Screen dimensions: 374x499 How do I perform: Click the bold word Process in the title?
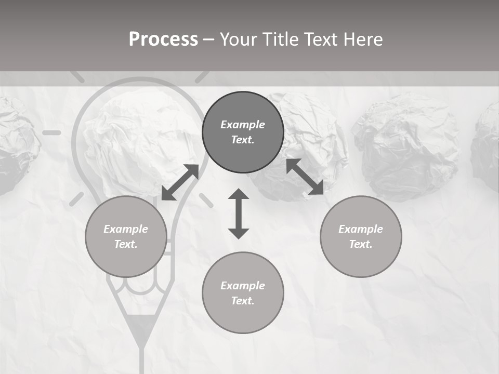coord(163,39)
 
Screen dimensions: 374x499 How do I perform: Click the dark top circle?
coord(243,132)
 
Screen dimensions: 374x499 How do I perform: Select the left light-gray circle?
coord(126,236)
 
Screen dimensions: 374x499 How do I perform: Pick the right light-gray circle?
coord(361,236)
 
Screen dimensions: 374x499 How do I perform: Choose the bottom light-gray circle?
coord(243,293)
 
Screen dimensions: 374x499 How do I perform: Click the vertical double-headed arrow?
coord(239,214)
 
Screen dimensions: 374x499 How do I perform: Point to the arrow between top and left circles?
coord(180,182)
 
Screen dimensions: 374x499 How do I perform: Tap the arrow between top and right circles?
coord(305,177)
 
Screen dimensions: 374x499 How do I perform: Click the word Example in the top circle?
coord(243,125)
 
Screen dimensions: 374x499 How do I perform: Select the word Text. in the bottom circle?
coord(243,301)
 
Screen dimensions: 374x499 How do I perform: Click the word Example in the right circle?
coord(361,229)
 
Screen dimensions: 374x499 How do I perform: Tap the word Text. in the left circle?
coord(126,244)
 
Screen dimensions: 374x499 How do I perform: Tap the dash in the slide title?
coord(208,39)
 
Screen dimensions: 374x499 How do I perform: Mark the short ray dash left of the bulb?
coord(51,133)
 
